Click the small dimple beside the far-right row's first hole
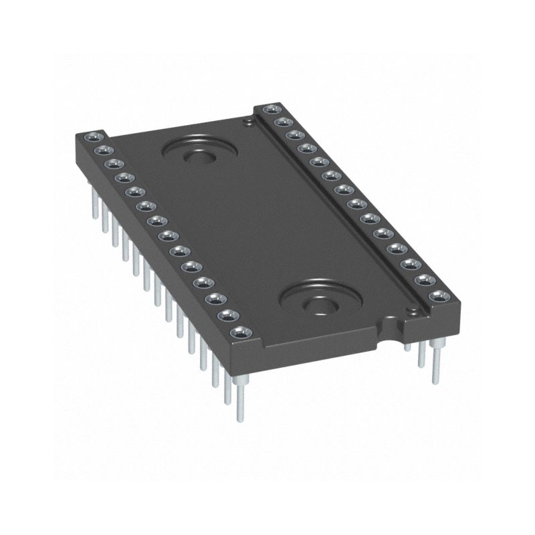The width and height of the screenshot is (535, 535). click(x=249, y=122)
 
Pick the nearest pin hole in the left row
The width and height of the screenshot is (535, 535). click(x=237, y=332)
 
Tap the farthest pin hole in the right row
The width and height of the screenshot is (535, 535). click(x=270, y=108)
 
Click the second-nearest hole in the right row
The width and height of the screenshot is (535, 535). click(x=423, y=280)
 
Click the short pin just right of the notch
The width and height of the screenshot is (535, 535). click(x=407, y=347)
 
